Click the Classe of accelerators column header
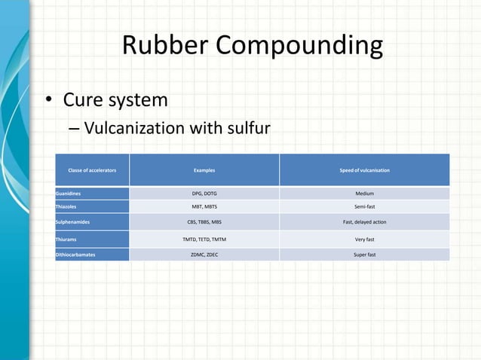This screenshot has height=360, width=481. click(92, 170)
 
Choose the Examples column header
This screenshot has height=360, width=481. click(204, 170)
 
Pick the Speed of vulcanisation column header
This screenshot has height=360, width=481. click(364, 170)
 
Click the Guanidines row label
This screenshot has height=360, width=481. click(69, 194)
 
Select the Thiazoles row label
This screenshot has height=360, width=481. click(66, 206)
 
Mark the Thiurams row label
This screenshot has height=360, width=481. click(66, 239)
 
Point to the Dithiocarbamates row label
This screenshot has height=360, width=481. click(78, 255)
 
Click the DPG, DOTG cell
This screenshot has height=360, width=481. click(204, 194)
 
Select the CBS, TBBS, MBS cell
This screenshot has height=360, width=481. click(204, 222)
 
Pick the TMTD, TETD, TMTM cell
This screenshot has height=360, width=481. click(204, 239)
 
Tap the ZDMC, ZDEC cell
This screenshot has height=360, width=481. click(204, 255)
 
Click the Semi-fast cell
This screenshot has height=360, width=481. click(364, 206)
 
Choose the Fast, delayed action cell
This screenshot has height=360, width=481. click(364, 222)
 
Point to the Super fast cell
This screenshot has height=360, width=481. click(364, 255)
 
